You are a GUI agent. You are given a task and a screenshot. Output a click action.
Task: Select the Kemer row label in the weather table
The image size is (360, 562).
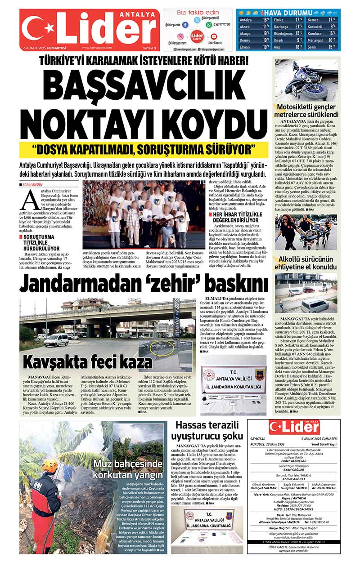click(313, 20)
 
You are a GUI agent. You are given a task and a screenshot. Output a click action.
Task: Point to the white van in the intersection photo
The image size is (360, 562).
click(56, 339)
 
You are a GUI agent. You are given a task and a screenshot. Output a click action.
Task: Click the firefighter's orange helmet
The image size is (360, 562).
click(50, 466)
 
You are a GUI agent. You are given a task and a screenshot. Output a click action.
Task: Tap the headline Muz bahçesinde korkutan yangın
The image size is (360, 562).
click(128, 469)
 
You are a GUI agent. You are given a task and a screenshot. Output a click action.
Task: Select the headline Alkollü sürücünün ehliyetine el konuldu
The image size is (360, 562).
click(306, 263)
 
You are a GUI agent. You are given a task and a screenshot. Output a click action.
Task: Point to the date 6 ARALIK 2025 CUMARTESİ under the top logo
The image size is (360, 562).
click(45, 48)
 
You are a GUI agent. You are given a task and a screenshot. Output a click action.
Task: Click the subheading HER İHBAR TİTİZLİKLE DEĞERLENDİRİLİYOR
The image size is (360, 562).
click(234, 218)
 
